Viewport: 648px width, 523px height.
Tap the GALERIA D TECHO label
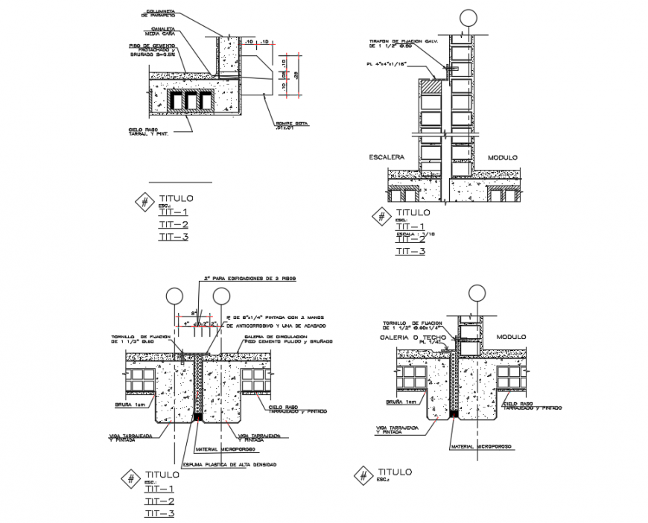(413, 337)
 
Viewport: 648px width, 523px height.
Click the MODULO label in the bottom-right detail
(512, 336)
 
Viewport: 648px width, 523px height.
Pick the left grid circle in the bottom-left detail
(174, 295)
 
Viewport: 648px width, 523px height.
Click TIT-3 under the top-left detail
(174, 237)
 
